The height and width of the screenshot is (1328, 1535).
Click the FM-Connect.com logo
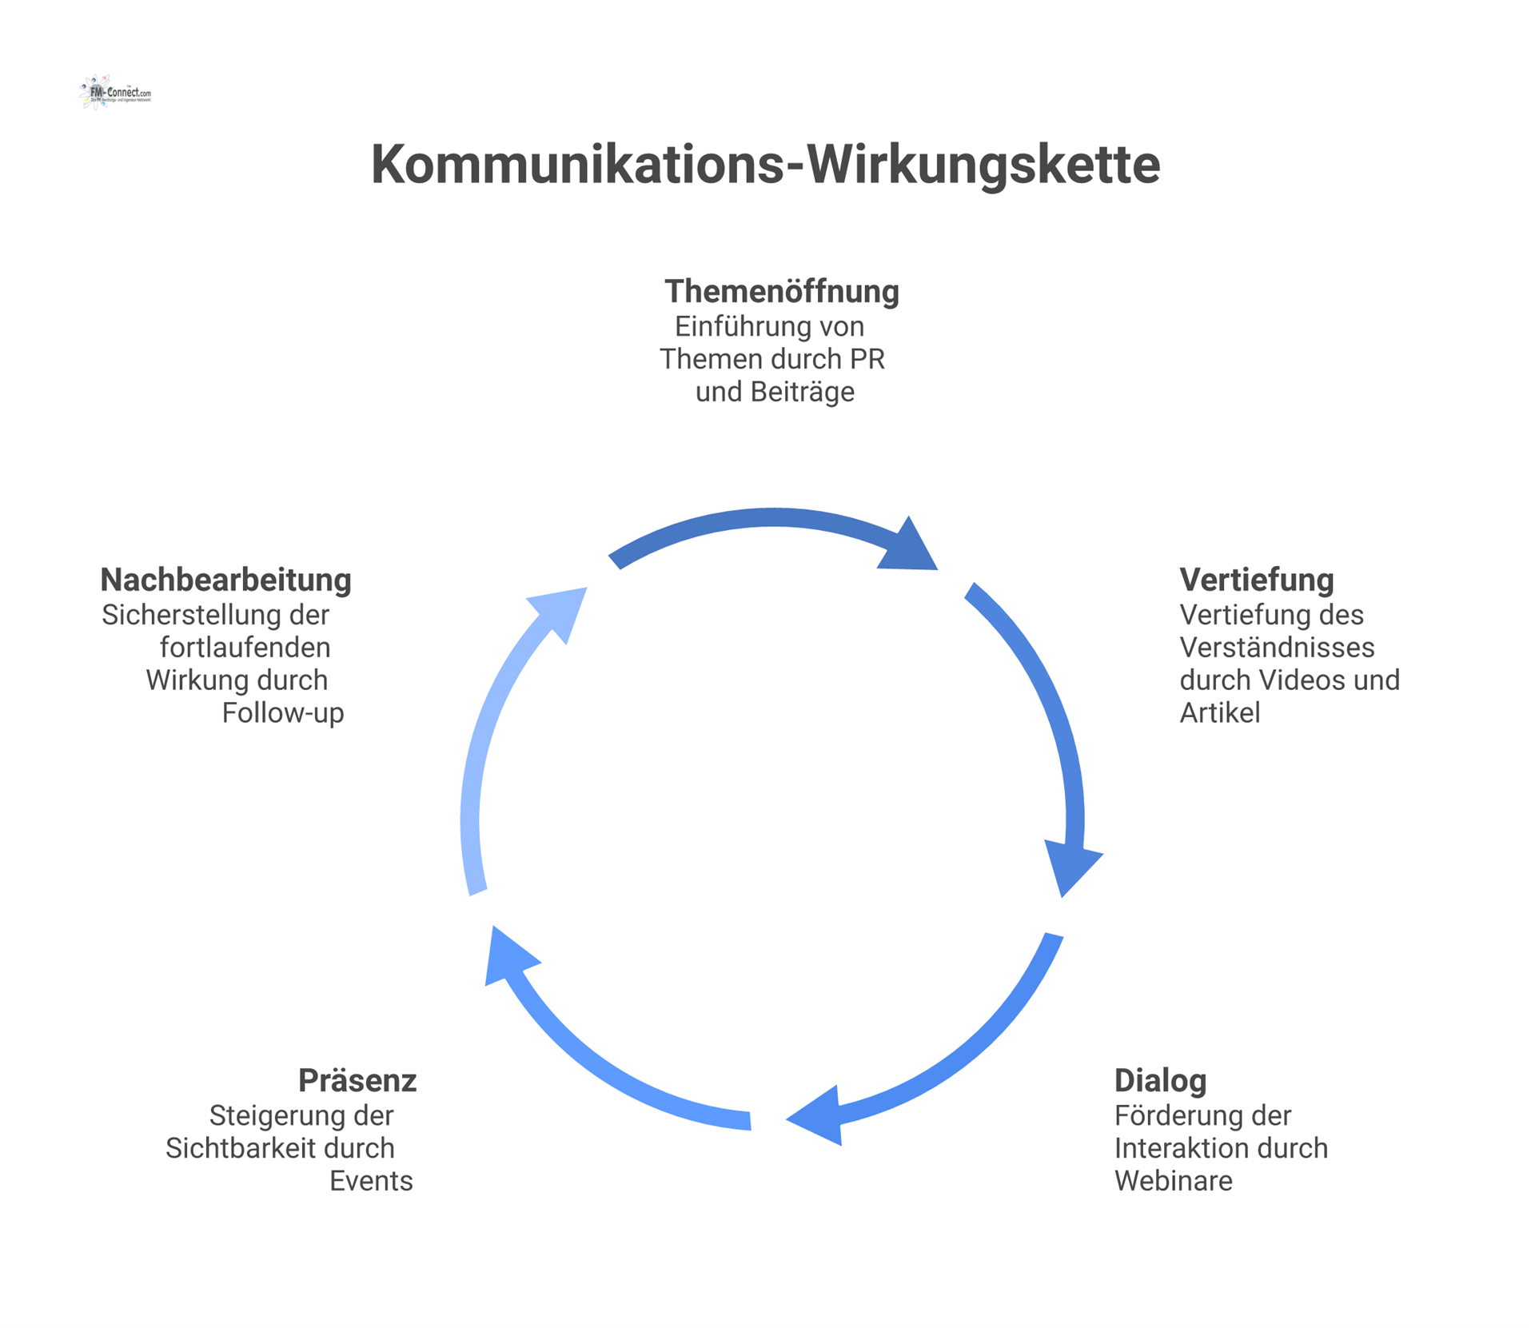coord(116,93)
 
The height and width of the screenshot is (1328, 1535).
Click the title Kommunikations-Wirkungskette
coord(765,165)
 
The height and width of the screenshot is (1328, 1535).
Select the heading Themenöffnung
coord(781,292)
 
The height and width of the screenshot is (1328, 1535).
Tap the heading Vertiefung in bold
coord(1256,580)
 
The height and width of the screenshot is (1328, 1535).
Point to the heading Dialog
coord(1160,1081)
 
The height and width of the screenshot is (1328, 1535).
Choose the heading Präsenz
coord(357,1081)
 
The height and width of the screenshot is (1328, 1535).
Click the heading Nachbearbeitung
coord(225,580)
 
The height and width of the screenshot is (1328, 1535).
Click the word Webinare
coord(1173,1181)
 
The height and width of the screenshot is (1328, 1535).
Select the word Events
coord(371,1181)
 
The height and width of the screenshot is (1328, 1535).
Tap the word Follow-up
coord(283,712)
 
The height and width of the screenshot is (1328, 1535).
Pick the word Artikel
coord(1219,712)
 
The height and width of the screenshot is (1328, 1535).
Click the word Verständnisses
coord(1277,648)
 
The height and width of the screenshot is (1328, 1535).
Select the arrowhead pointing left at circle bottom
coord(817,1116)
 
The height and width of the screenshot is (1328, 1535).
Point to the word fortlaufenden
coord(245,648)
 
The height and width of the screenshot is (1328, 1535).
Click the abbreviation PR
coord(867,359)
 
